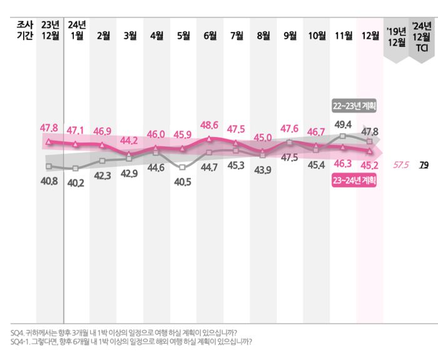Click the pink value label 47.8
point(49,128)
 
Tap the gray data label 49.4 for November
point(343,124)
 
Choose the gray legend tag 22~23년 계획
point(354,106)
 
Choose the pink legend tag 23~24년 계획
point(354,181)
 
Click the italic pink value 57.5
point(401,165)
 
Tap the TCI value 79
point(424,165)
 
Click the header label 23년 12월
point(49,30)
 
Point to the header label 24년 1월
point(76,30)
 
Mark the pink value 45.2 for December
point(369,166)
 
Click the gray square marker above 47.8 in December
point(370,142)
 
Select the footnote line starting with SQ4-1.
point(131,342)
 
